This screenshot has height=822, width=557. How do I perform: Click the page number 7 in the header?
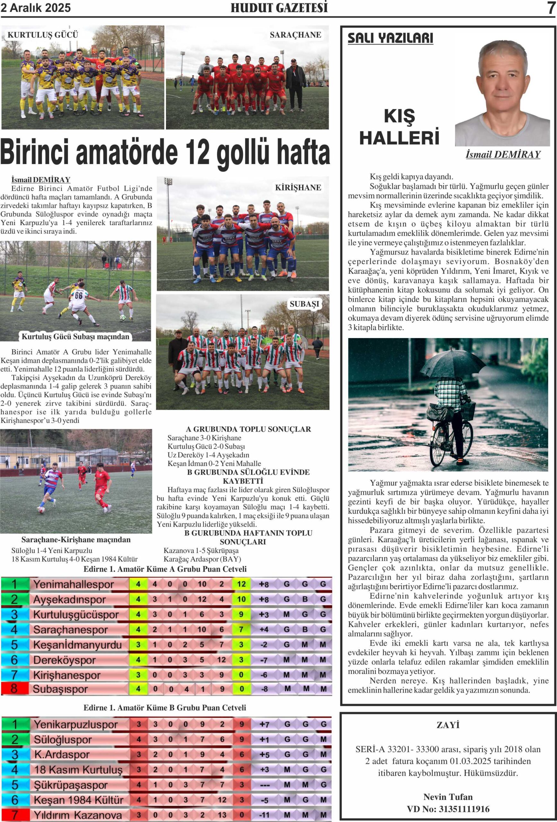tap(551, 8)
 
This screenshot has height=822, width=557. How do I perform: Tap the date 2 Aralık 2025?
tap(36, 8)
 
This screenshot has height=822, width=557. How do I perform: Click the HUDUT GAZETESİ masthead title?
tap(279, 8)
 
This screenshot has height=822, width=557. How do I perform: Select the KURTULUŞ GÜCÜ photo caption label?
tap(43, 35)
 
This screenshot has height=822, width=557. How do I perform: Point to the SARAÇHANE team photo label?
tap(295, 35)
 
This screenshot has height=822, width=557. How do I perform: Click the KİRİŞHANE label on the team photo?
tap(298, 188)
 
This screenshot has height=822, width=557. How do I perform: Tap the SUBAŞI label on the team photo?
tap(304, 304)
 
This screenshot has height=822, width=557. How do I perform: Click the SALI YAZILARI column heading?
tap(390, 38)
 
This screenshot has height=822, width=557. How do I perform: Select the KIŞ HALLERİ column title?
tap(399, 127)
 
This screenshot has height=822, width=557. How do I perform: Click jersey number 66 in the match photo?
tap(79, 295)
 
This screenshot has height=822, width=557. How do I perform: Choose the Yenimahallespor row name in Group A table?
tap(74, 584)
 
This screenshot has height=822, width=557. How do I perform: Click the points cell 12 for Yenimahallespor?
tap(241, 584)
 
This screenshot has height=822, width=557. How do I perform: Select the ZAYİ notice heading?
tap(448, 725)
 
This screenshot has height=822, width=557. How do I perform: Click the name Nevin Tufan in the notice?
tap(448, 797)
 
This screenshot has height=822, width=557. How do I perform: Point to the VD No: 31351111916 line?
tap(448, 809)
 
